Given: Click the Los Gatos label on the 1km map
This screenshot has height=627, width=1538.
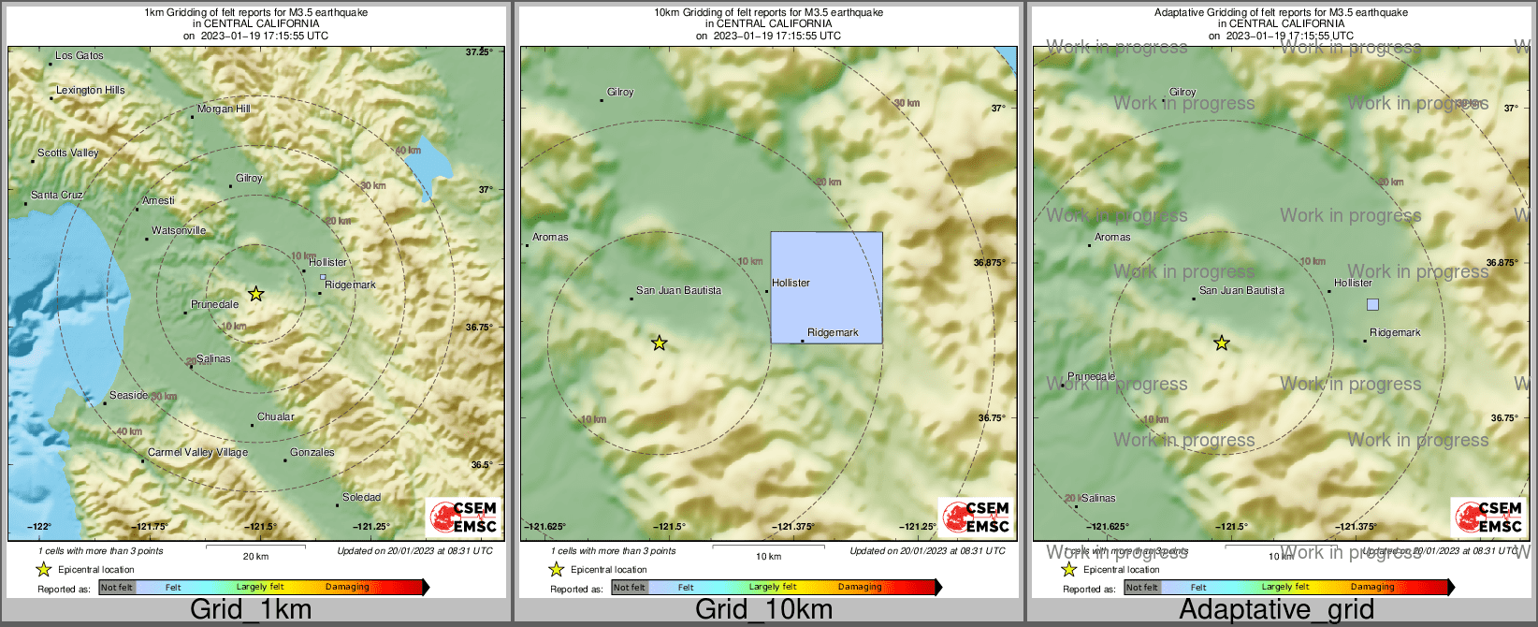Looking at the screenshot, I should click(x=79, y=56).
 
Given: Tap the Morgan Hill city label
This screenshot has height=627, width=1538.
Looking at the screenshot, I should click(x=224, y=109).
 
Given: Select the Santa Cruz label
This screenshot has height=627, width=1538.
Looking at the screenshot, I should click(x=57, y=196).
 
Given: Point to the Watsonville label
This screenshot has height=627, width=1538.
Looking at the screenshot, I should click(x=179, y=231).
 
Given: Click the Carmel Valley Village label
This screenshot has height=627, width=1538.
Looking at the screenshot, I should click(x=198, y=453).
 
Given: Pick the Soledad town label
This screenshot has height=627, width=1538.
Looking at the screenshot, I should click(x=361, y=498).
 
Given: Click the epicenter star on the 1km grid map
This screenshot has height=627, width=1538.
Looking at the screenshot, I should click(x=255, y=294).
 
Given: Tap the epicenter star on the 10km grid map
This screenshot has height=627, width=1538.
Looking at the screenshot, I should click(x=660, y=343).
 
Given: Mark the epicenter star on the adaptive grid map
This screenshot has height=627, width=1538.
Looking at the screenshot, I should click(x=1222, y=343).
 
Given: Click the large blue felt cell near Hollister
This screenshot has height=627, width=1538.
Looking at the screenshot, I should click(x=826, y=287).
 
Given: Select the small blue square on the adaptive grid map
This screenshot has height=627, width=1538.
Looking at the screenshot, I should click(x=1372, y=304).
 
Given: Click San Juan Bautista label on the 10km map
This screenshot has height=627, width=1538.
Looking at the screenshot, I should click(x=678, y=291).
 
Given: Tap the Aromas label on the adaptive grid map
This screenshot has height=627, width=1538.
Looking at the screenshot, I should click(x=1112, y=238).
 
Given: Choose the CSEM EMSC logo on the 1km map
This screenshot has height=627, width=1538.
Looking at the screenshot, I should click(x=463, y=517).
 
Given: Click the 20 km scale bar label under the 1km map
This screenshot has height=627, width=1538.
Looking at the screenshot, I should click(x=255, y=557).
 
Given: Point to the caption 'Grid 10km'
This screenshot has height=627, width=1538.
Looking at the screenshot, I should click(x=763, y=610).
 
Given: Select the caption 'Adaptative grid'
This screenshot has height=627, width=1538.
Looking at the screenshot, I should click(x=1276, y=610).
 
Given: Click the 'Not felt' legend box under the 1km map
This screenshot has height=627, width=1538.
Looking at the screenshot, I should click(x=117, y=588).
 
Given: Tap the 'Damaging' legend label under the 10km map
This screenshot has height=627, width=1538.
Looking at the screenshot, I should click(x=860, y=588).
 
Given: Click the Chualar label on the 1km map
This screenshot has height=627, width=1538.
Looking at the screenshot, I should click(x=276, y=417).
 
